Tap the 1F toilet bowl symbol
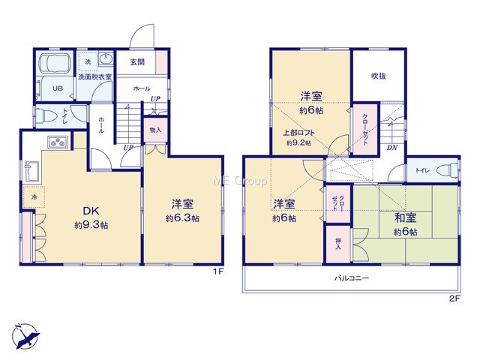(x=46, y=117)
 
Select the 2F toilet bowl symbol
(x=447, y=170)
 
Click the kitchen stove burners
(x=58, y=142)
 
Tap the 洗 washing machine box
(x=88, y=61)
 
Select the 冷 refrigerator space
(x=34, y=197)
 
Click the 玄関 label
(x=137, y=62)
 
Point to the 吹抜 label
(x=378, y=76)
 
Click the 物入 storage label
(x=155, y=130)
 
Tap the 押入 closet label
(x=338, y=243)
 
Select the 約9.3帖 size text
(x=91, y=225)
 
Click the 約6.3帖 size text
(x=182, y=218)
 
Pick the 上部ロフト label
(x=298, y=133)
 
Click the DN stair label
(x=391, y=148)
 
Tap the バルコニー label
(x=352, y=278)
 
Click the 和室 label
(x=405, y=218)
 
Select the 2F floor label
(x=454, y=298)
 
